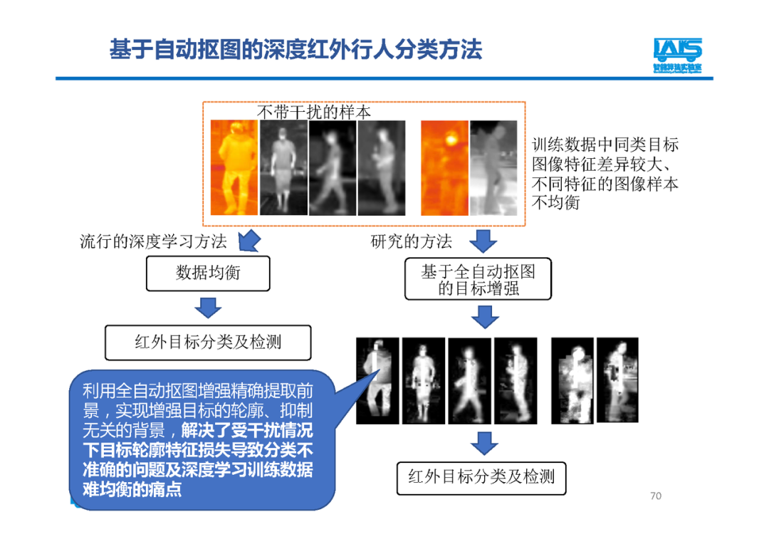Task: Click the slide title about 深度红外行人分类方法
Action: [x=295, y=50]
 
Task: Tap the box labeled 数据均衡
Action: [x=208, y=273]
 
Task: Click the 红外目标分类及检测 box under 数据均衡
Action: [x=208, y=342]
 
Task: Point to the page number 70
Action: [x=656, y=496]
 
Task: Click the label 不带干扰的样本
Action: [x=313, y=113]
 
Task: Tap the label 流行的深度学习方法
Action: [x=153, y=241]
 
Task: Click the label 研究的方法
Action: [x=411, y=241]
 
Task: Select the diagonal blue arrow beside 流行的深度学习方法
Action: [x=248, y=241]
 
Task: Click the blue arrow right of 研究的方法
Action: [x=484, y=241]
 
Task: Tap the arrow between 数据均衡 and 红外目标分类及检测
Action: [x=208, y=308]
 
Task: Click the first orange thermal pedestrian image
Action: [x=234, y=167]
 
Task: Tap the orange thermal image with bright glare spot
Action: [x=444, y=167]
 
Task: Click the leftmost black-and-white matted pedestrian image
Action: [x=377, y=381]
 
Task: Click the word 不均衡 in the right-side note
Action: [x=556, y=203]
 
